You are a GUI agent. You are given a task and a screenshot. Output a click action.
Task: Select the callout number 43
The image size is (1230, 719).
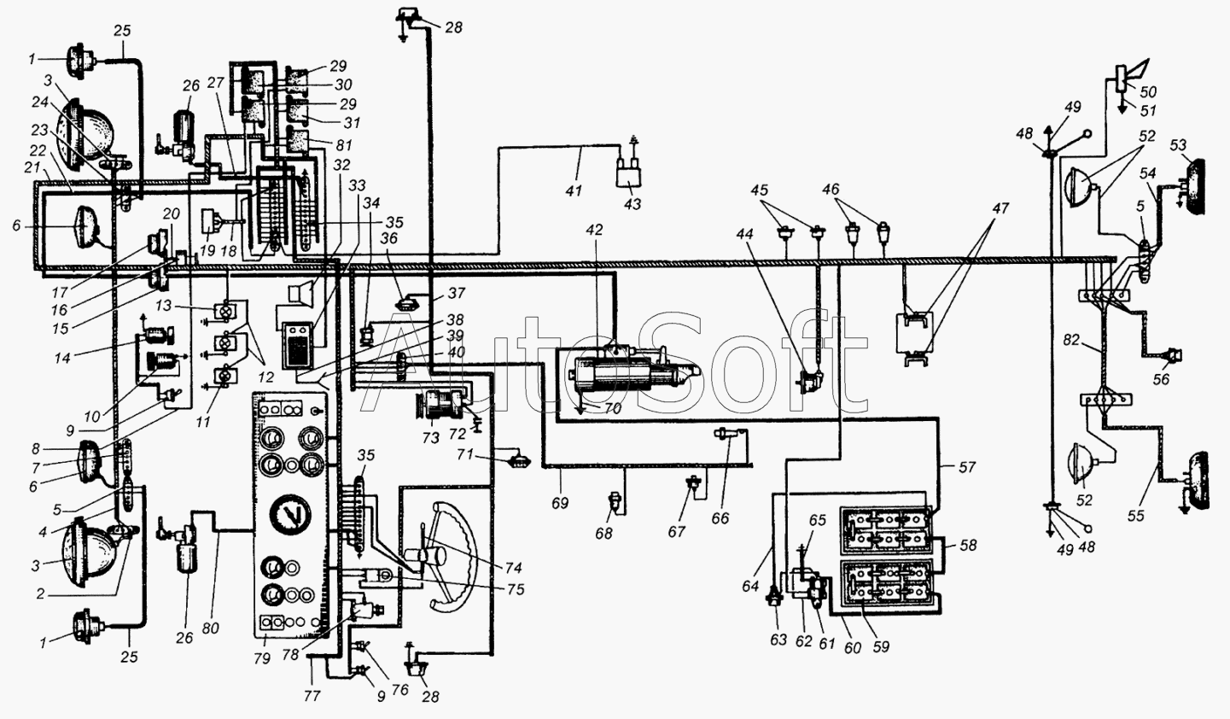[x=632, y=204]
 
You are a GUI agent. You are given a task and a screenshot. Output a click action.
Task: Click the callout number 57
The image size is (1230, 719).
[x=967, y=467]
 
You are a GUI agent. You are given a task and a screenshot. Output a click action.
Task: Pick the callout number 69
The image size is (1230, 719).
[x=560, y=503]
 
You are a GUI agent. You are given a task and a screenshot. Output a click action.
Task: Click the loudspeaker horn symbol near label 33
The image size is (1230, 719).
[x=301, y=291]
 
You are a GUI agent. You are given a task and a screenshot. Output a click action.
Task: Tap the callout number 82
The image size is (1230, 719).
[x=1071, y=340]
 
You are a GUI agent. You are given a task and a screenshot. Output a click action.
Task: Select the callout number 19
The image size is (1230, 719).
[x=207, y=250]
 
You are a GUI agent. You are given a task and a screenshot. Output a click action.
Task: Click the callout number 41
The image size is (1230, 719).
[x=574, y=190]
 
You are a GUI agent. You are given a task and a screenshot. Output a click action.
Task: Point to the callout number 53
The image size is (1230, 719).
[x=1178, y=145]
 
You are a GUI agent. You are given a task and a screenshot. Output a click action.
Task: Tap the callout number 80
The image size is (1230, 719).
[x=210, y=628]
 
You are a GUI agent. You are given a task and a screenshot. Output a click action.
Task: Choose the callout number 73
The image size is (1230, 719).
[x=431, y=438]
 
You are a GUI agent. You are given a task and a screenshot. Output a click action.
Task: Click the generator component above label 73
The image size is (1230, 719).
[x=443, y=406]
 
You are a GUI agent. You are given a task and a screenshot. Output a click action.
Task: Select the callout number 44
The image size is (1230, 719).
[x=744, y=234]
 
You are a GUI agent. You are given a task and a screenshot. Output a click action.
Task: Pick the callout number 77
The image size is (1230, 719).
[x=312, y=696]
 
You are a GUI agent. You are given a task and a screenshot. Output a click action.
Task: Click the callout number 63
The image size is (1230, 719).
[x=778, y=640]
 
